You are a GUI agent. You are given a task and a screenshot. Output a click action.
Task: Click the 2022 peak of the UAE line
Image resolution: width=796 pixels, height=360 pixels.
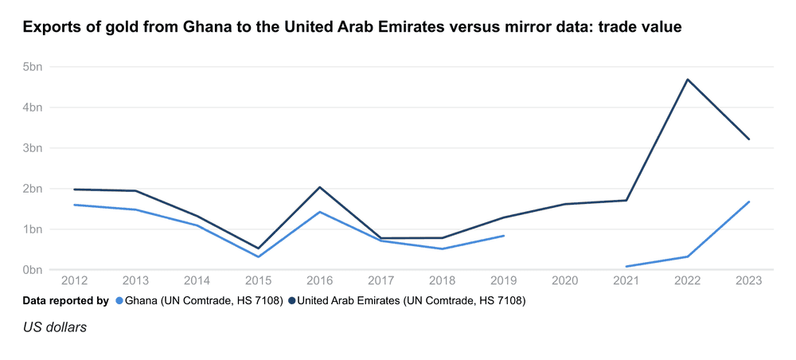(688, 80)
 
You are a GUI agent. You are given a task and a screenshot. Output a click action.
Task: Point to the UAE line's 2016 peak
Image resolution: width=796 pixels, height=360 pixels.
(319, 187)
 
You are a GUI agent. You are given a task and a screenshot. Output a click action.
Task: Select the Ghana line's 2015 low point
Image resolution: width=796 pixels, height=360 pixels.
(258, 256)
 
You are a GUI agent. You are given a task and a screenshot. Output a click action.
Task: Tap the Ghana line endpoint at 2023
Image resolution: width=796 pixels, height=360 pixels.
(749, 202)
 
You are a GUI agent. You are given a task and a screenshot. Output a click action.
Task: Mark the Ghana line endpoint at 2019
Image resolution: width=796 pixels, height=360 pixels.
(504, 236)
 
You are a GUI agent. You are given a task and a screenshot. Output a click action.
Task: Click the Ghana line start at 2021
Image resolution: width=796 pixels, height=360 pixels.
(626, 267)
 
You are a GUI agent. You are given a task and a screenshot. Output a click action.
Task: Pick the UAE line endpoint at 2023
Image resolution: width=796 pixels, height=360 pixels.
(749, 139)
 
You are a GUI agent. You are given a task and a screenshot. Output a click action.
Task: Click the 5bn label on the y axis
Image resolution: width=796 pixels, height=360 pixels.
(32, 67)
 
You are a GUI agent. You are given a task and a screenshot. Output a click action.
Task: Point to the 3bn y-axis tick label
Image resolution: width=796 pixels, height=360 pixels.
(32, 148)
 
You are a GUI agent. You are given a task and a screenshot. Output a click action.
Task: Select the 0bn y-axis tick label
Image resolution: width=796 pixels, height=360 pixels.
(32, 270)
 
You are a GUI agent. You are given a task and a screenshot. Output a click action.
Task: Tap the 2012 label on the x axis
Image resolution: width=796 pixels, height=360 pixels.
(74, 281)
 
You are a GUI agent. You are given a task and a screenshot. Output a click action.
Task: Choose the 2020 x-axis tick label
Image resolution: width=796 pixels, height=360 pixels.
(565, 281)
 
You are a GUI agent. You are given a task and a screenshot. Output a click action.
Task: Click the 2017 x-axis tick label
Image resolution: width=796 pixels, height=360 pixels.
(380, 281)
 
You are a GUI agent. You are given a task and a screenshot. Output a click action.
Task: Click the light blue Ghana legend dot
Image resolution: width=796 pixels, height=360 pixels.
(120, 301)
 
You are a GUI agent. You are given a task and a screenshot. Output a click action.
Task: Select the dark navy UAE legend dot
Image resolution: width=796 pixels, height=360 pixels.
(292, 301)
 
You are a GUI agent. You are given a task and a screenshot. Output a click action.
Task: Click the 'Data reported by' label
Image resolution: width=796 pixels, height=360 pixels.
(65, 301)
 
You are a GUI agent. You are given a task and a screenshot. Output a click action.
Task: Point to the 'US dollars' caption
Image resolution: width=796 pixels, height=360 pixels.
(55, 327)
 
